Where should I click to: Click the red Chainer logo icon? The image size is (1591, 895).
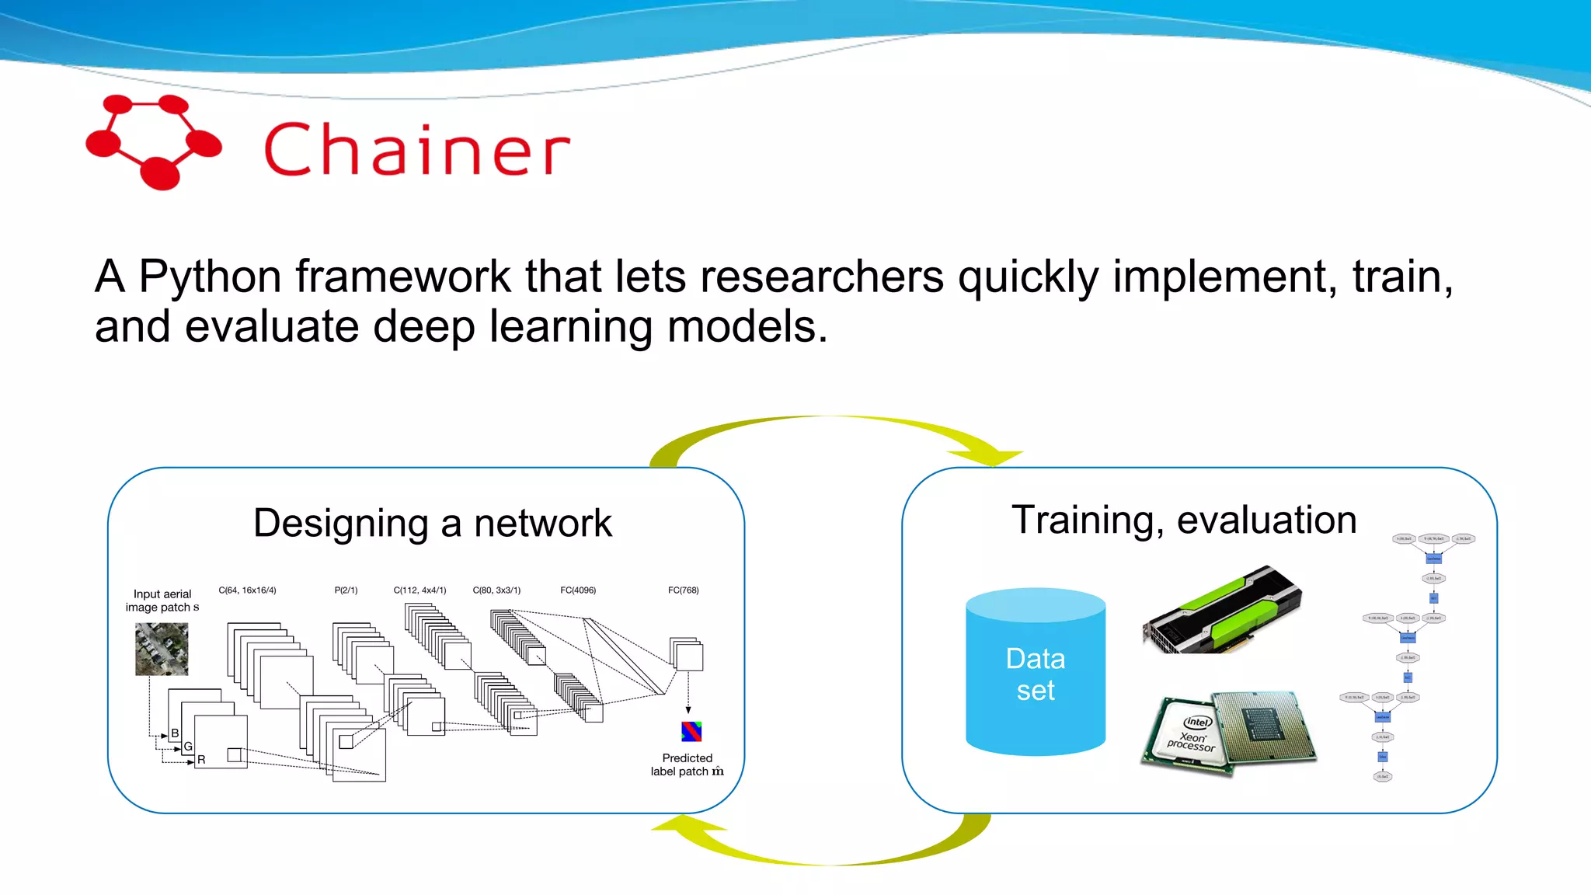[154, 142]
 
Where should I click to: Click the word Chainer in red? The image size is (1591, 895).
[417, 149]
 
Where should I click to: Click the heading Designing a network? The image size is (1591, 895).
[432, 523]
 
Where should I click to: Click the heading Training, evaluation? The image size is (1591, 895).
[1183, 520]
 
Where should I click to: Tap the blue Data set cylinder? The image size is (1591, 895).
[1035, 673]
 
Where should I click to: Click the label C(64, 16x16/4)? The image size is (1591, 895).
[247, 590]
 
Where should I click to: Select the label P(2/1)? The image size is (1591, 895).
[346, 590]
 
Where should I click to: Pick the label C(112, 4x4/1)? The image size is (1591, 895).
[420, 590]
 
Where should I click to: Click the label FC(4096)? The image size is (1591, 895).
[578, 590]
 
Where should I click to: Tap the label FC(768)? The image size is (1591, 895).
[683, 590]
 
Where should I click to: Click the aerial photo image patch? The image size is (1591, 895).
[162, 649]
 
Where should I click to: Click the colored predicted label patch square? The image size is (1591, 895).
[691, 731]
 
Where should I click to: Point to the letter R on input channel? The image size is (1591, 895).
[201, 760]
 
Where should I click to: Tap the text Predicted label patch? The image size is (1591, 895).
[686, 764]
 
